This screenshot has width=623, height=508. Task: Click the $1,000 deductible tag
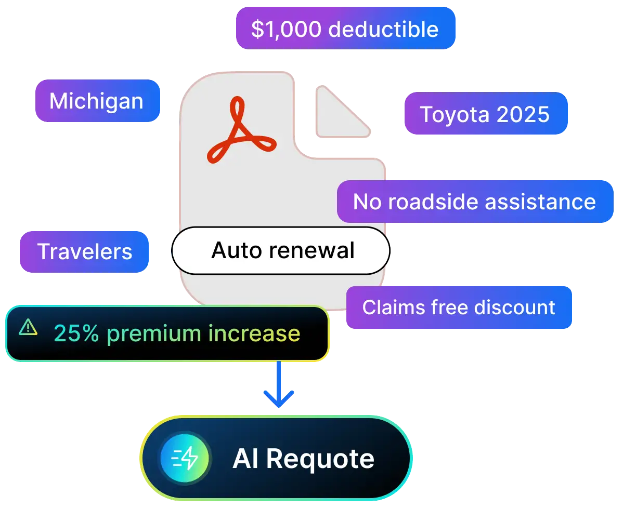tap(344, 29)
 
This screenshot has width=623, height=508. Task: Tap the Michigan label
tap(96, 101)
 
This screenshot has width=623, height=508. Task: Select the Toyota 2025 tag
tap(485, 114)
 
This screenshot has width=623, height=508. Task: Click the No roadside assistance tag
tap(474, 202)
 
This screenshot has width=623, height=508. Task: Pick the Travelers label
tap(84, 252)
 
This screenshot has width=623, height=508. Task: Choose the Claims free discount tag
tap(459, 307)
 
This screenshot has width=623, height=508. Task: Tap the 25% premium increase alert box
tap(166, 333)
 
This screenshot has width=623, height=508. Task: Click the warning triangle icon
tap(28, 327)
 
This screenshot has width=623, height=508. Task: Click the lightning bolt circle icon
tap(185, 459)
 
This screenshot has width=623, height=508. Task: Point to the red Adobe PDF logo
tap(240, 134)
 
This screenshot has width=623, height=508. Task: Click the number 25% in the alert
tap(76, 333)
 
